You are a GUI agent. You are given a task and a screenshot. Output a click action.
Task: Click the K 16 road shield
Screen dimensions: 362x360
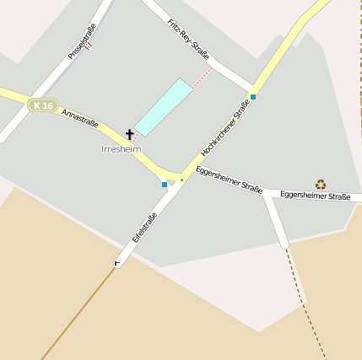click(41, 105)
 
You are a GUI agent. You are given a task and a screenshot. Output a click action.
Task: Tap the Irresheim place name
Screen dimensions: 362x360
click(121, 149)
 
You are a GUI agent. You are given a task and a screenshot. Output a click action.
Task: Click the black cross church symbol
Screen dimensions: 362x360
click(130, 134)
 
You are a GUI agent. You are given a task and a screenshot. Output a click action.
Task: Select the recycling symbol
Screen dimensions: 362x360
click(321, 184)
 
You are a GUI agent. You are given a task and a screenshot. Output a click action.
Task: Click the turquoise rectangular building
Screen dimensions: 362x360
click(163, 107)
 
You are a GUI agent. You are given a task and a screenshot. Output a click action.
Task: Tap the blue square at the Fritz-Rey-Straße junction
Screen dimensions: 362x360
click(253, 97)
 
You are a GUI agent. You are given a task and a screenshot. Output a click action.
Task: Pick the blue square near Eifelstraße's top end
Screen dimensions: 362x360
click(165, 184)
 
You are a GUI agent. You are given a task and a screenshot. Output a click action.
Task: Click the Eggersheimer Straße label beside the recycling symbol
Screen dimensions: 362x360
click(315, 196)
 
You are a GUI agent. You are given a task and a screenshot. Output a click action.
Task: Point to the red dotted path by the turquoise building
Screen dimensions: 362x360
click(202, 78)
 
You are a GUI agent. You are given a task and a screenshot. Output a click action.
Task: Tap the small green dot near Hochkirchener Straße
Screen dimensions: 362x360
click(181, 179)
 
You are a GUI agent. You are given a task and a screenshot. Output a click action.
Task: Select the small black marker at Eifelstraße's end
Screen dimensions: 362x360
click(116, 264)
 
